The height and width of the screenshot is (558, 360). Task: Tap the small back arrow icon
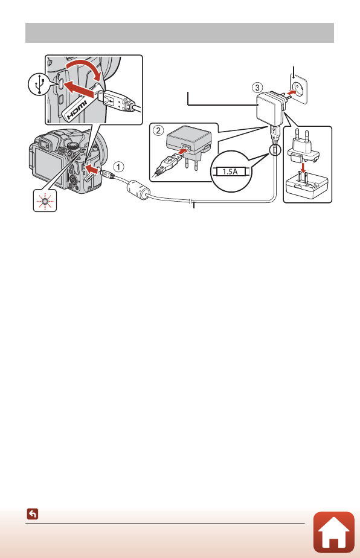coord(32,515)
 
